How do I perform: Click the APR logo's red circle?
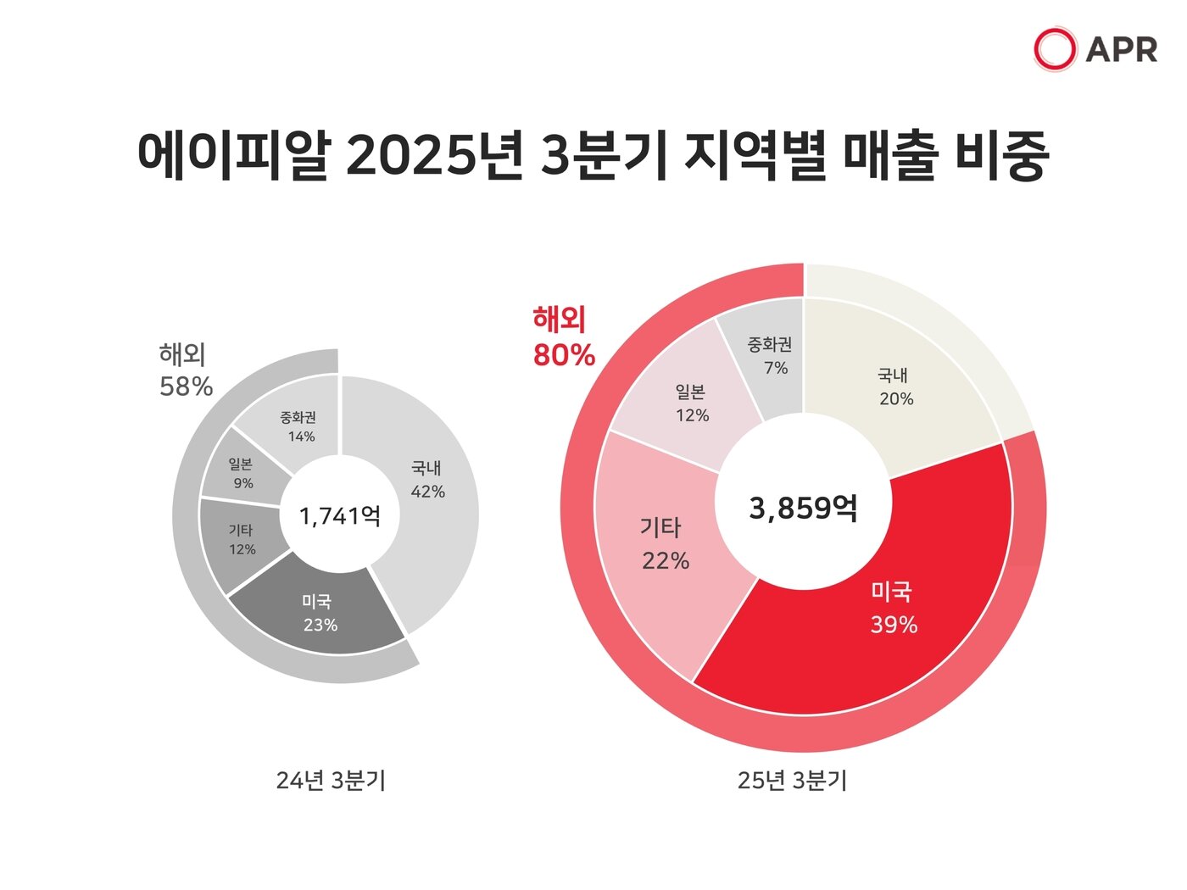click(1055, 48)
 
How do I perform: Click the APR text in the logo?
click(1121, 49)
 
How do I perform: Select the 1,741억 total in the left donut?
click(339, 515)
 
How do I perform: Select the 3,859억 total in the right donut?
click(803, 508)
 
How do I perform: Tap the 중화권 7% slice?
click(770, 356)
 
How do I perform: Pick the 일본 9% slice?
click(241, 473)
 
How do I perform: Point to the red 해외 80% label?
click(563, 337)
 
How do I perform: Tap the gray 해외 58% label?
click(185, 370)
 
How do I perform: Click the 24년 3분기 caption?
click(331, 781)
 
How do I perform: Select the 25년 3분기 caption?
click(792, 781)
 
